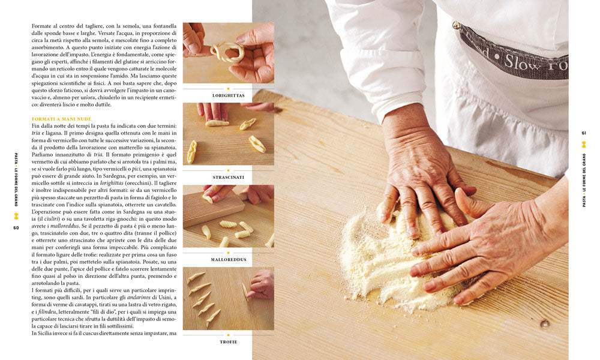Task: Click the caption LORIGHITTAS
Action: tap(229, 95)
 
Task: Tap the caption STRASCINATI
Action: tap(229, 178)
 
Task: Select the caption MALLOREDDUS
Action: tap(229, 260)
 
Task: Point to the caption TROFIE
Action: tap(229, 342)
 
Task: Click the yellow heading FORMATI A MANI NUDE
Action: tap(62, 119)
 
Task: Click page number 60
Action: tap(16, 227)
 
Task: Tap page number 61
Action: tap(584, 133)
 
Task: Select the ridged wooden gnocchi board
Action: tap(213, 209)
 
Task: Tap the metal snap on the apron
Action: tap(456, 26)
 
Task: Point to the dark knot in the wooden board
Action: tap(545, 324)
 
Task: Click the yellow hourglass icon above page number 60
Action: tap(16, 216)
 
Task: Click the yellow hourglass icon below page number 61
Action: tap(584, 144)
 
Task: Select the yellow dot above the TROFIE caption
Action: tap(229, 335)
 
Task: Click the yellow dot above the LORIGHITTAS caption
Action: tap(229, 88)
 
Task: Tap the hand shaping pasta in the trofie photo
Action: tap(260, 284)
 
